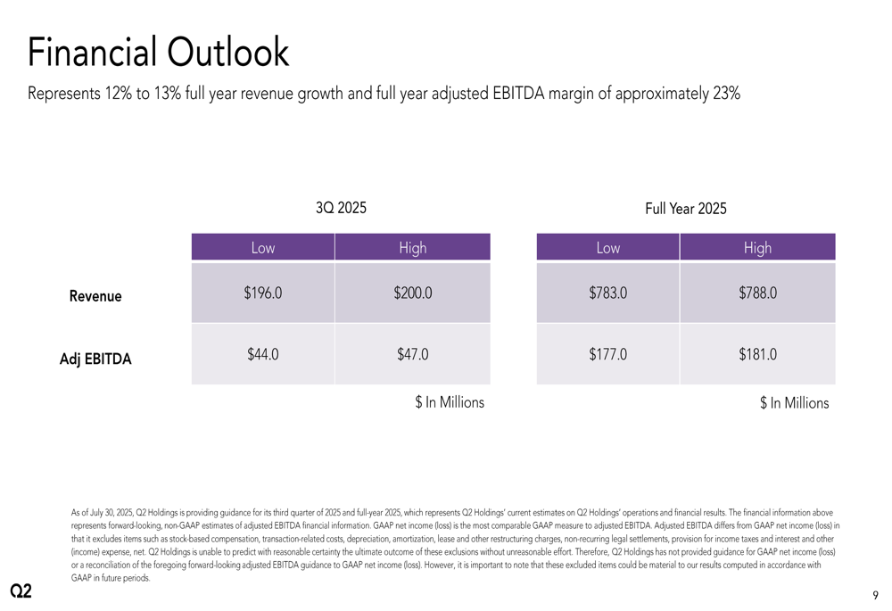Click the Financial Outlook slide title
(159, 53)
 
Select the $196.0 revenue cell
(263, 293)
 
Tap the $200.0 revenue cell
(412, 293)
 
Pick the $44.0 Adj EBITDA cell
(263, 354)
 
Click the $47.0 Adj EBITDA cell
(412, 354)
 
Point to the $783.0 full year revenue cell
(607, 293)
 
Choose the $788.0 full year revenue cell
(757, 293)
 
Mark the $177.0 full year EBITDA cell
(607, 354)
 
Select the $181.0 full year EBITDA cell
(757, 354)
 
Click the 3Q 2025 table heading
(341, 209)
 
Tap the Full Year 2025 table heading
(685, 209)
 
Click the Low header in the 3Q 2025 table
(263, 248)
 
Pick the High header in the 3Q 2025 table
(412, 248)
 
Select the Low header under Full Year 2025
(607, 248)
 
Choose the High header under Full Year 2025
(757, 248)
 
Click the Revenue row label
(95, 296)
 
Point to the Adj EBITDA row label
(95, 359)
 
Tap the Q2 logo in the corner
(21, 591)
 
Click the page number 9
(875, 595)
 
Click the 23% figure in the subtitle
(726, 94)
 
